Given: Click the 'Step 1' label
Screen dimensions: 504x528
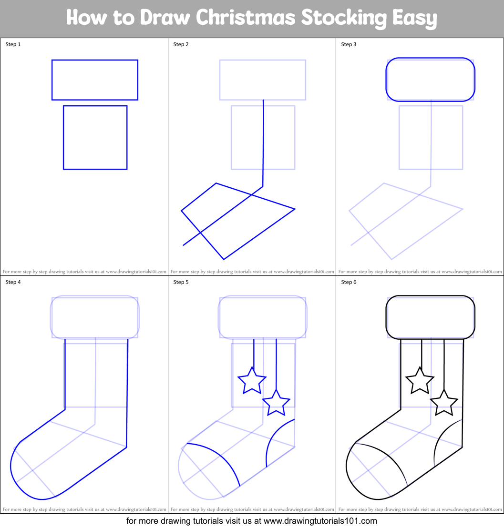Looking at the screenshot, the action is pyautogui.click(x=13, y=44).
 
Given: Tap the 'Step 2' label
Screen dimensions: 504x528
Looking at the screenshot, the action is pyautogui.click(x=181, y=44).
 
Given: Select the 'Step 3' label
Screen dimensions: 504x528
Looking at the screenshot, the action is pyautogui.click(x=349, y=44).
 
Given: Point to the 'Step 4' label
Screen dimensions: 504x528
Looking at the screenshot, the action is pyautogui.click(x=13, y=282).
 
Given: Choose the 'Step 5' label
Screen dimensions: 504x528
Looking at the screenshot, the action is pyautogui.click(x=181, y=282).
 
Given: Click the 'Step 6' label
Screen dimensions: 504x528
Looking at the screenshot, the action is pyautogui.click(x=349, y=282).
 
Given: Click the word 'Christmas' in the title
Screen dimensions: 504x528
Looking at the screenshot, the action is pyautogui.click(x=246, y=17).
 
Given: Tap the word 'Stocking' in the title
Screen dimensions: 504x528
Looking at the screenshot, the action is pyautogui.click(x=344, y=19).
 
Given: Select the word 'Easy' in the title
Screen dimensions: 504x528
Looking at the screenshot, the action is pyautogui.click(x=414, y=19).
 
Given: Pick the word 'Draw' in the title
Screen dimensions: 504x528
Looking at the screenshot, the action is pyautogui.click(x=165, y=17).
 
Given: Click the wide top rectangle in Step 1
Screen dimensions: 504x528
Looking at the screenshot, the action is pyautogui.click(x=95, y=60).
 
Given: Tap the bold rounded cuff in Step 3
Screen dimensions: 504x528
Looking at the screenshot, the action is pyautogui.click(x=430, y=58).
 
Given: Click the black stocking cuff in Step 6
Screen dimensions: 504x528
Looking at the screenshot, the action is pyautogui.click(x=430, y=296).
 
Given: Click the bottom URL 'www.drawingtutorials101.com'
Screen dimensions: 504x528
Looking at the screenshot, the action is pyautogui.click(x=320, y=521).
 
